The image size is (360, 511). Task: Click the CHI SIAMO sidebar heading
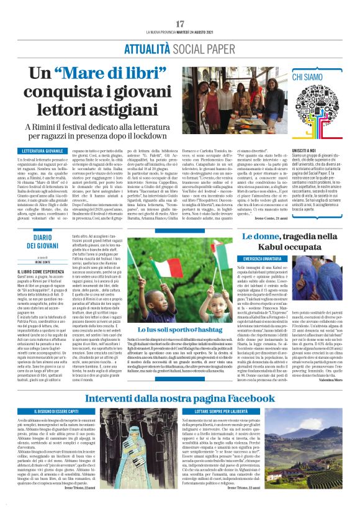(x=308, y=76)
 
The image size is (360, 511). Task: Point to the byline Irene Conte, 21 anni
(x=268, y=219)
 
